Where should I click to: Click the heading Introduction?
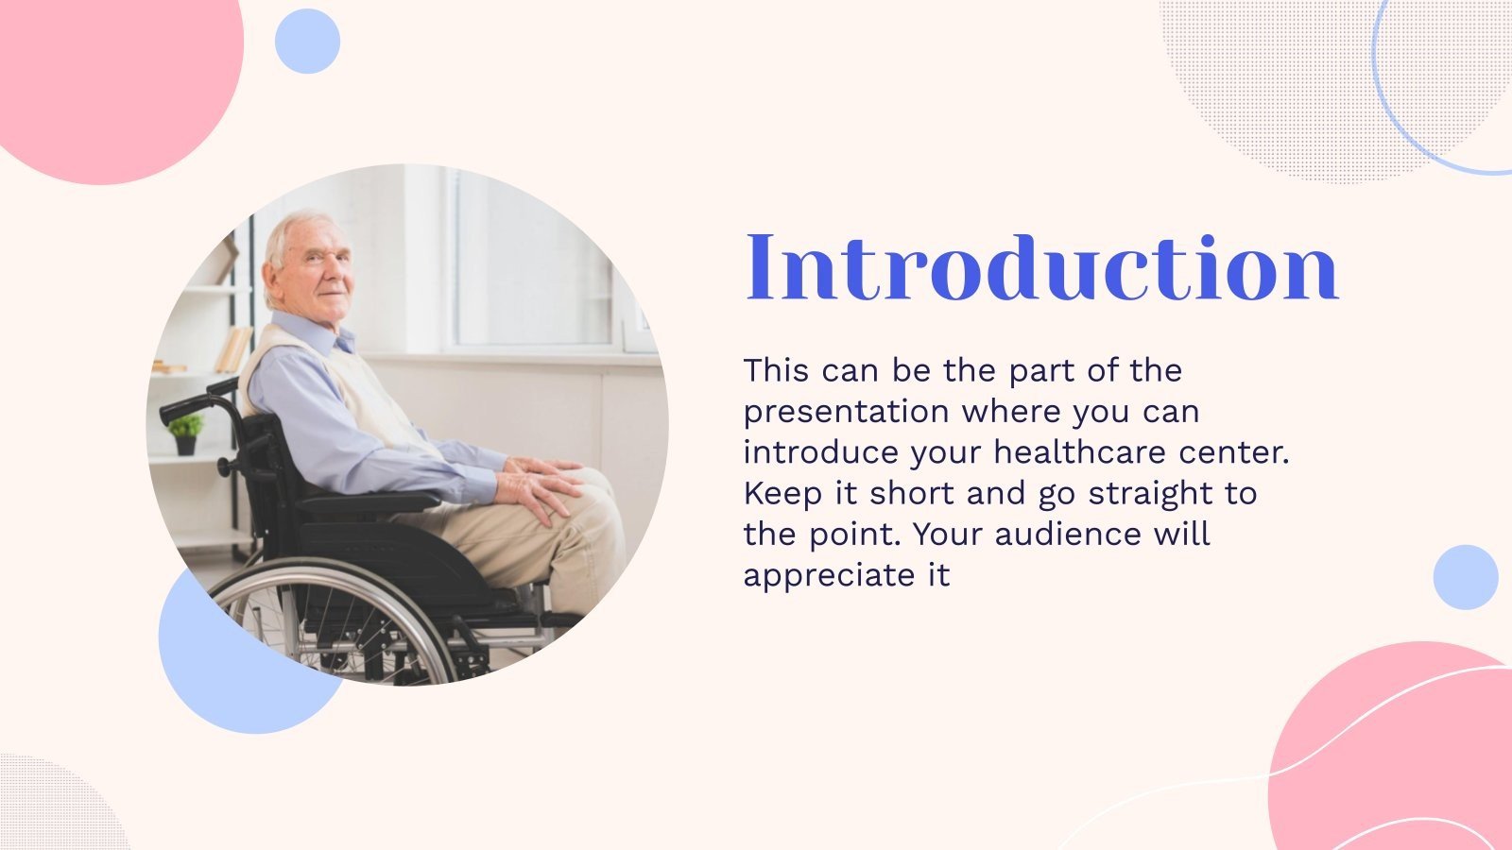[1041, 267]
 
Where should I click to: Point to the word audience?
[1068, 535]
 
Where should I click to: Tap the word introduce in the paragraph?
[821, 452]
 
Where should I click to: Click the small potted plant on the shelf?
[185, 434]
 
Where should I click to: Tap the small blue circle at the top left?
[307, 42]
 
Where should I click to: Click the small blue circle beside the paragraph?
[1466, 577]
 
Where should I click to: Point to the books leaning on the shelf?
[233, 349]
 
